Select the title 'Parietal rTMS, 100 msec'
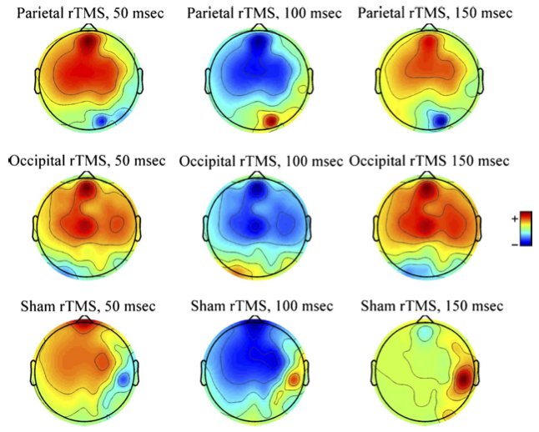coord(259,13)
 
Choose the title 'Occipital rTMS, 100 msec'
coord(259,159)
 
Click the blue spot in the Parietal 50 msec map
coord(100,121)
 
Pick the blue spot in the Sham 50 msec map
coord(124,379)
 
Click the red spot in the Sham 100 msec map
coord(294,379)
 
